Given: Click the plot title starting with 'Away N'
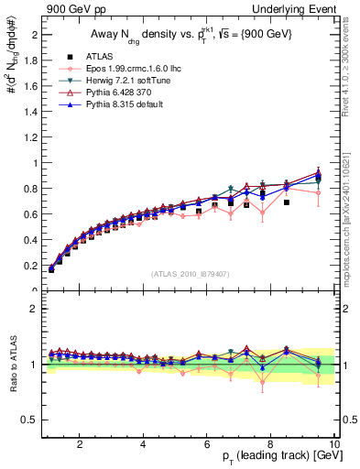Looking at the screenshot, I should (x=182, y=34).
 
